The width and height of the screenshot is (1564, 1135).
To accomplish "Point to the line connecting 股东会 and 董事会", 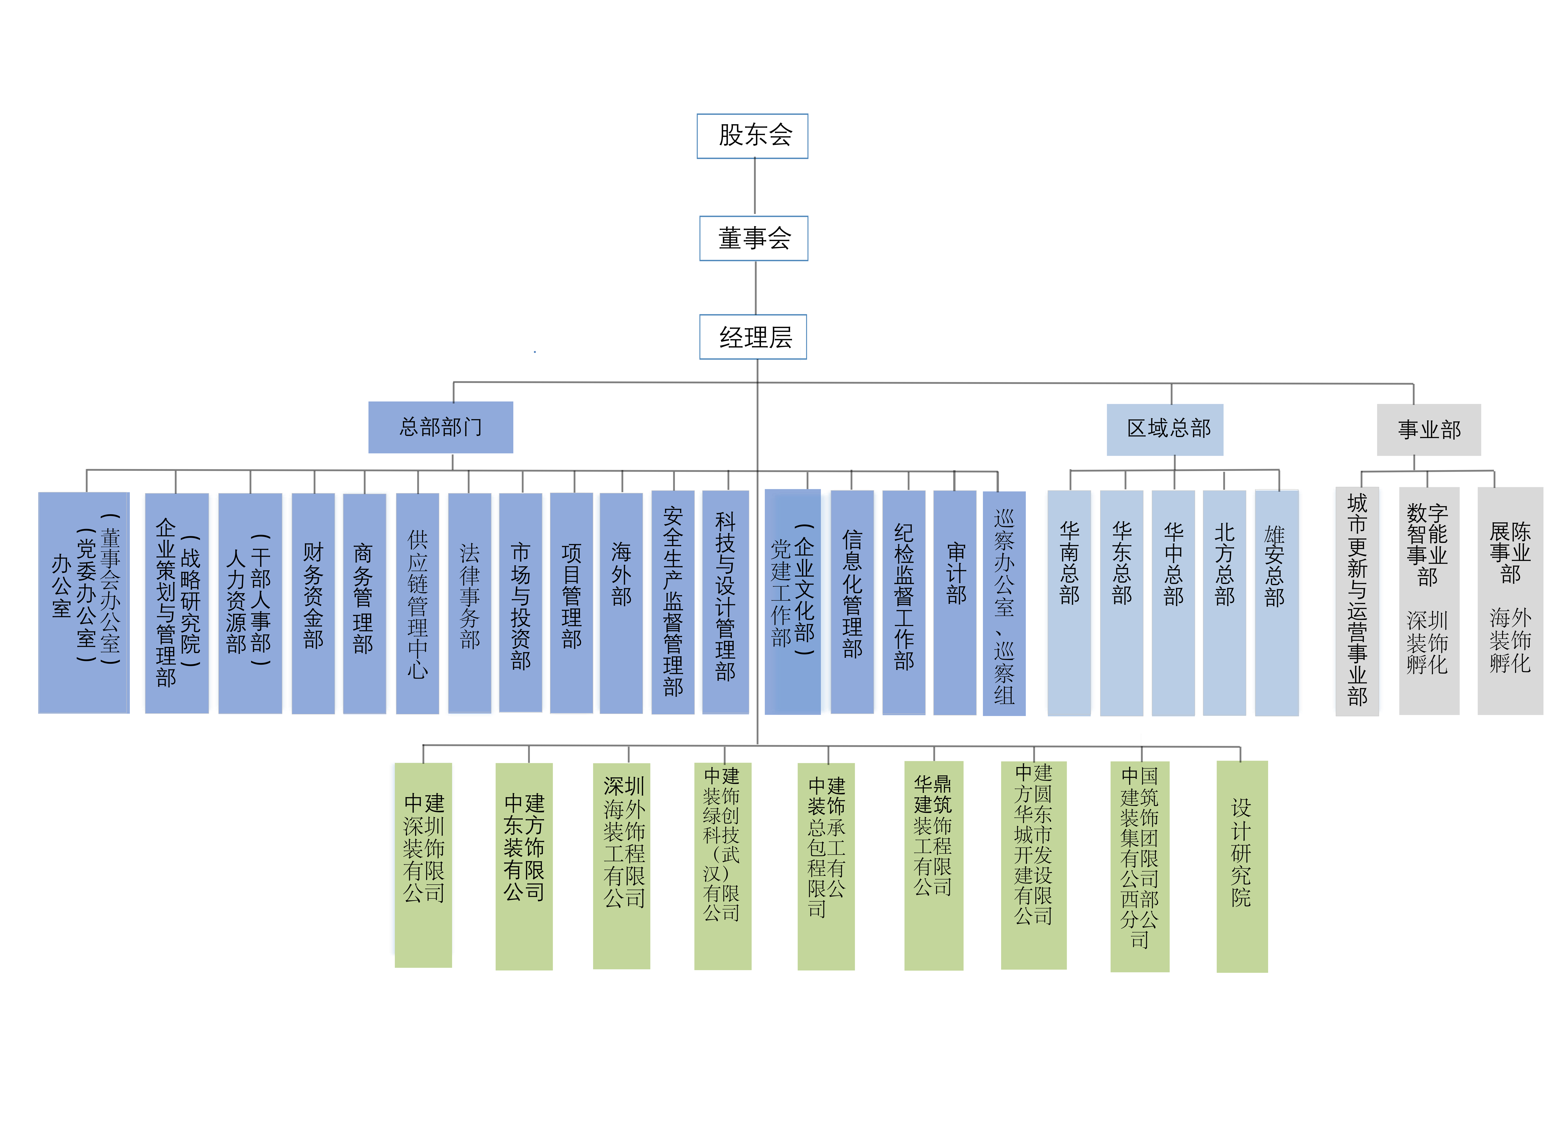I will [x=754, y=186].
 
